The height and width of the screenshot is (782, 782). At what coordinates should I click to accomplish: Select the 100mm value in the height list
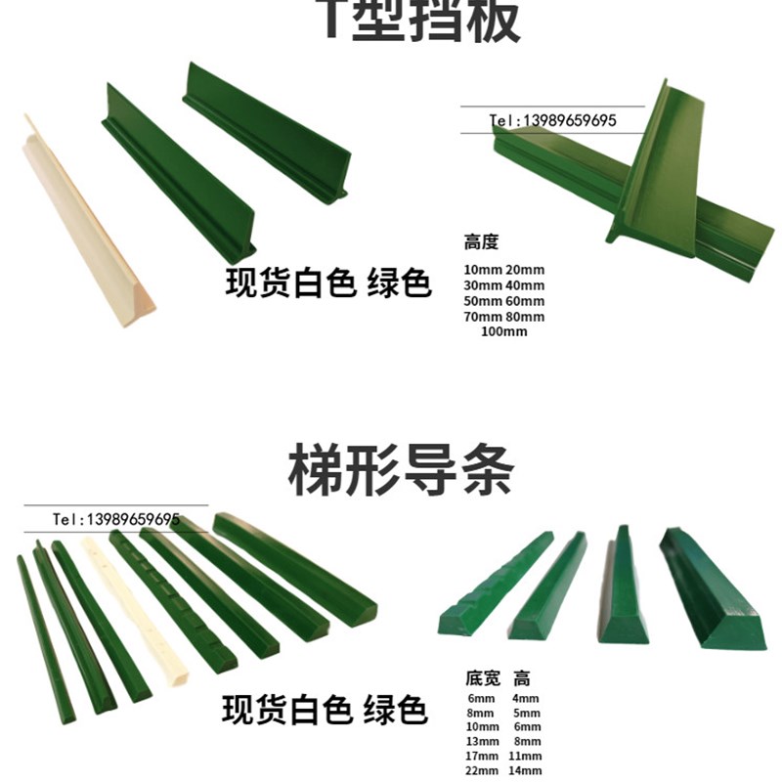(x=504, y=331)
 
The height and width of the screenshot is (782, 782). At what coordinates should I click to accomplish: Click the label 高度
(x=481, y=242)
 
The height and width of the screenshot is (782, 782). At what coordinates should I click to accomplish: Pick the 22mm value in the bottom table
(x=481, y=769)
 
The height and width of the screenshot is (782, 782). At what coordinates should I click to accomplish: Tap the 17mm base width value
(x=481, y=756)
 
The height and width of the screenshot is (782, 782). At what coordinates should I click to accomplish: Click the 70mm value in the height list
(x=483, y=317)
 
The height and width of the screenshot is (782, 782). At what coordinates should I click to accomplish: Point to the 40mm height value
(x=526, y=284)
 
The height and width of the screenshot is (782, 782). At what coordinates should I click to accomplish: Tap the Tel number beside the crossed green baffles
(x=552, y=121)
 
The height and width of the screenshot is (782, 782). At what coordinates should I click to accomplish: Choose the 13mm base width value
(x=481, y=741)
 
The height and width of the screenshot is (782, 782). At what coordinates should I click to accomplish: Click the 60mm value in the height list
(x=526, y=300)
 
